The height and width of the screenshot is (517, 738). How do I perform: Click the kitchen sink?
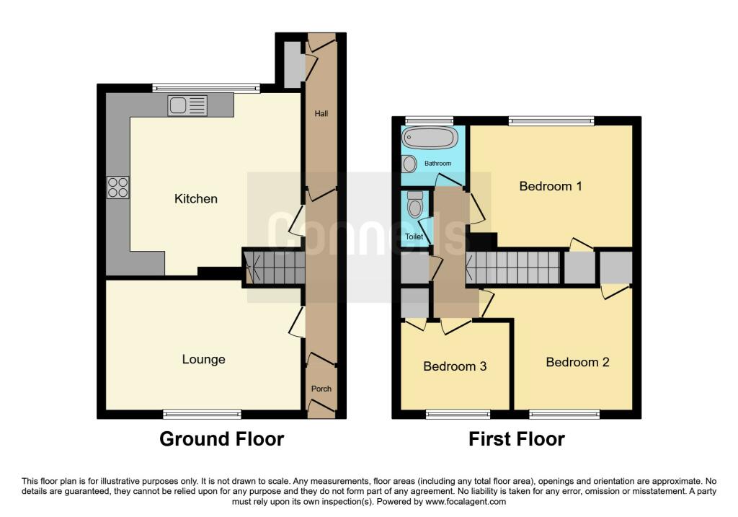[187, 106]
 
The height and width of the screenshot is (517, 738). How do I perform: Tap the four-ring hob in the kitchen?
[118, 187]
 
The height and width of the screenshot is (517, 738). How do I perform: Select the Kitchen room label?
[196, 198]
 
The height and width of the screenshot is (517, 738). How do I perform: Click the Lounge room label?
[203, 359]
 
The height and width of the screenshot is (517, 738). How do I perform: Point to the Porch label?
[321, 389]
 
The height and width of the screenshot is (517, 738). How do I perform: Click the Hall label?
[321, 113]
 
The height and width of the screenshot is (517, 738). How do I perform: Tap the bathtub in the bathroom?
[430, 138]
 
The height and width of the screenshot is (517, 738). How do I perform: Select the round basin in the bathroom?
[409, 164]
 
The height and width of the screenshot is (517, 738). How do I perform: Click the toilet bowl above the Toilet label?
[414, 207]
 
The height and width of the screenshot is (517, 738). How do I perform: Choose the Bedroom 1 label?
[551, 186]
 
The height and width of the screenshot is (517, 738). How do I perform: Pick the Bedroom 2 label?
[577, 362]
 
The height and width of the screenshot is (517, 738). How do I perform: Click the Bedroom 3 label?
[455, 366]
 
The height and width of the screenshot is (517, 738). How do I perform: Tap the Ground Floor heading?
[221, 438]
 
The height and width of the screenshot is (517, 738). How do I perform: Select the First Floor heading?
[517, 438]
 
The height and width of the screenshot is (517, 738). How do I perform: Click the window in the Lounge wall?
[202, 414]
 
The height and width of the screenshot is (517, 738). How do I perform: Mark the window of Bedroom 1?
[551, 121]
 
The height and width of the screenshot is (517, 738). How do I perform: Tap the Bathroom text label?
[437, 164]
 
